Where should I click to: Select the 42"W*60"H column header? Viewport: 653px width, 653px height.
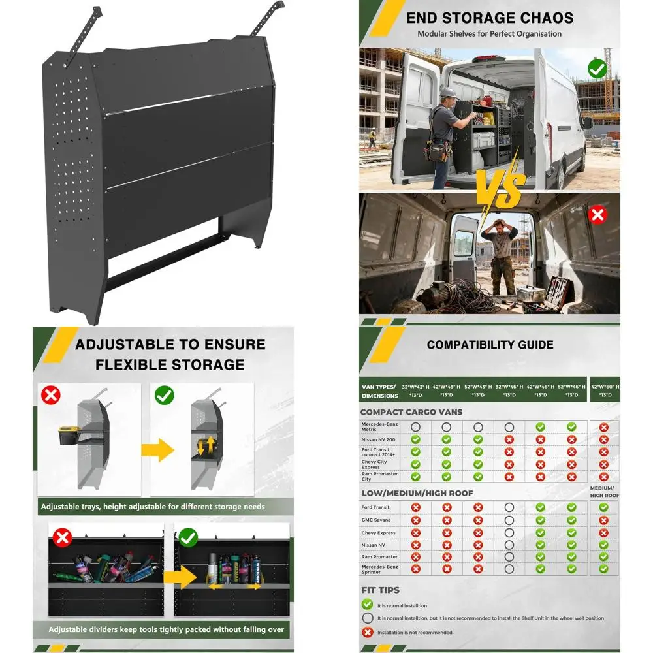(x=605, y=390)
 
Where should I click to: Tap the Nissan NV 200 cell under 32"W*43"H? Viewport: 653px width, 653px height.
(x=415, y=439)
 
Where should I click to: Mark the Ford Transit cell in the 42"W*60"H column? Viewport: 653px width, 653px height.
(x=603, y=507)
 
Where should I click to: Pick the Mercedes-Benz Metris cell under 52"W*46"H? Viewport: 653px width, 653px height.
(x=571, y=427)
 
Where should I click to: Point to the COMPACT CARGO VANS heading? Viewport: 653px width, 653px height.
(x=411, y=412)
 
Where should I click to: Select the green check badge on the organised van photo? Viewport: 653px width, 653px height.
(x=597, y=68)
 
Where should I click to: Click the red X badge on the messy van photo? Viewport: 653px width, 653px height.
(x=597, y=215)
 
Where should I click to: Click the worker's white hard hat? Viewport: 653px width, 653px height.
(x=447, y=91)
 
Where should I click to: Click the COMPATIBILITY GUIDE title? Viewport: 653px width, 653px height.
(x=490, y=345)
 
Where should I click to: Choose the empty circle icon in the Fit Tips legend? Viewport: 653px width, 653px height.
(x=368, y=618)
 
